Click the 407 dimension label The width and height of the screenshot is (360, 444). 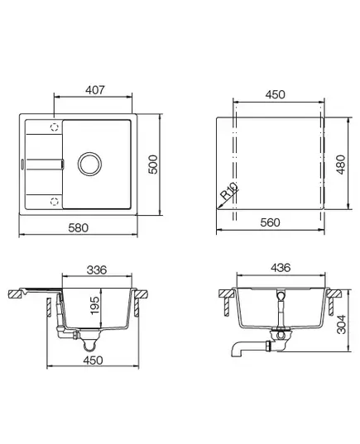pyautogui.click(x=95, y=90)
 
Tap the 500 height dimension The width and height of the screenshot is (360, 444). pyautogui.click(x=153, y=165)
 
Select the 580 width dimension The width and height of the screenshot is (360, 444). pyautogui.click(x=79, y=227)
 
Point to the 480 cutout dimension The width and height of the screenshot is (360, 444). pyautogui.click(x=340, y=165)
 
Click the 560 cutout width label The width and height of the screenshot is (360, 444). pyautogui.click(x=270, y=222)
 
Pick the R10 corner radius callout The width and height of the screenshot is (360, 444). pyautogui.click(x=228, y=191)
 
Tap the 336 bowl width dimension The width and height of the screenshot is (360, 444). pyautogui.click(x=97, y=270)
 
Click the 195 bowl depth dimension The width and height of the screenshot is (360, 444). pyautogui.click(x=94, y=305)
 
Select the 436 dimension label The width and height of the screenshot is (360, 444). pyautogui.click(x=281, y=268)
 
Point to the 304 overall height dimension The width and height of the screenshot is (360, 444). pyautogui.click(x=341, y=324)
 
